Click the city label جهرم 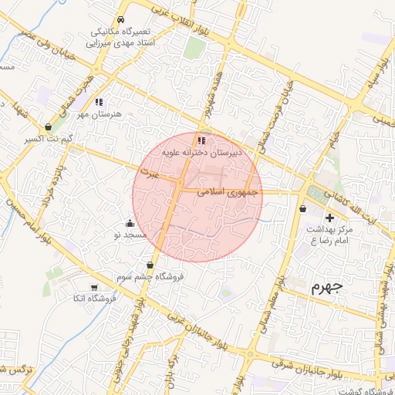tap(326, 288)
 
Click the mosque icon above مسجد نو tap(129, 222)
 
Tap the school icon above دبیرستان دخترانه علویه tap(201, 141)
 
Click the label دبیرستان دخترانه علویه tap(201, 153)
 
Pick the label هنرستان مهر tap(99, 113)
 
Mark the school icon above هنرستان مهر tap(99, 102)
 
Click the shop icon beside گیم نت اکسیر tap(49, 127)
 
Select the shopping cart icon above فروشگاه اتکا tap(94, 287)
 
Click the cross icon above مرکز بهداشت tap(329, 218)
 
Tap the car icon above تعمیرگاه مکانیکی tap(120, 20)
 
